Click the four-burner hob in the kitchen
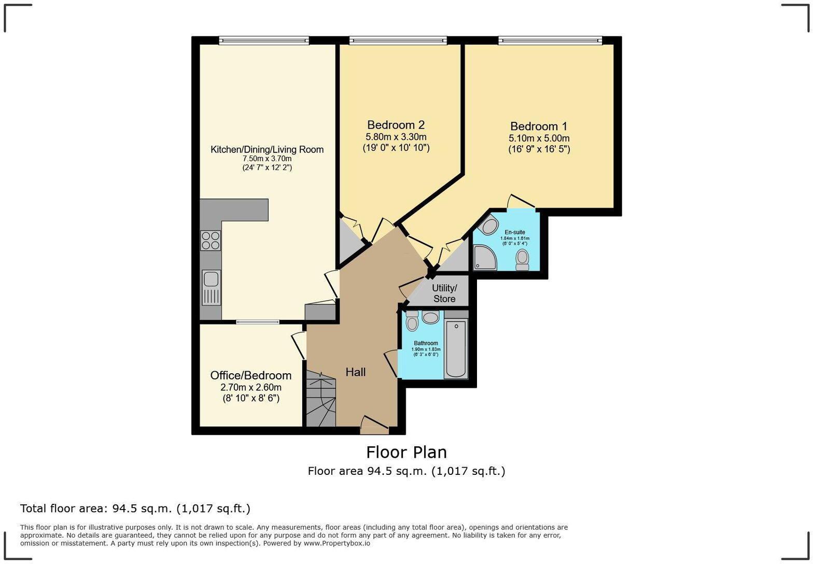(x=211, y=241)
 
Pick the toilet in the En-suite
(x=522, y=259)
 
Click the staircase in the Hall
(x=320, y=399)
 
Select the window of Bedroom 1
(x=550, y=40)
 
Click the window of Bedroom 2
(x=398, y=40)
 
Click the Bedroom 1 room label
(x=539, y=126)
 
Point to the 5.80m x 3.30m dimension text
(x=396, y=137)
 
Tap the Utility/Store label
(x=444, y=293)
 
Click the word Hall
(x=356, y=372)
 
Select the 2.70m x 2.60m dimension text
(x=251, y=387)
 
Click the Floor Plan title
(x=406, y=452)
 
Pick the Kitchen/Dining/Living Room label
(x=267, y=149)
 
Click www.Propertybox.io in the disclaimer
(x=337, y=543)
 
